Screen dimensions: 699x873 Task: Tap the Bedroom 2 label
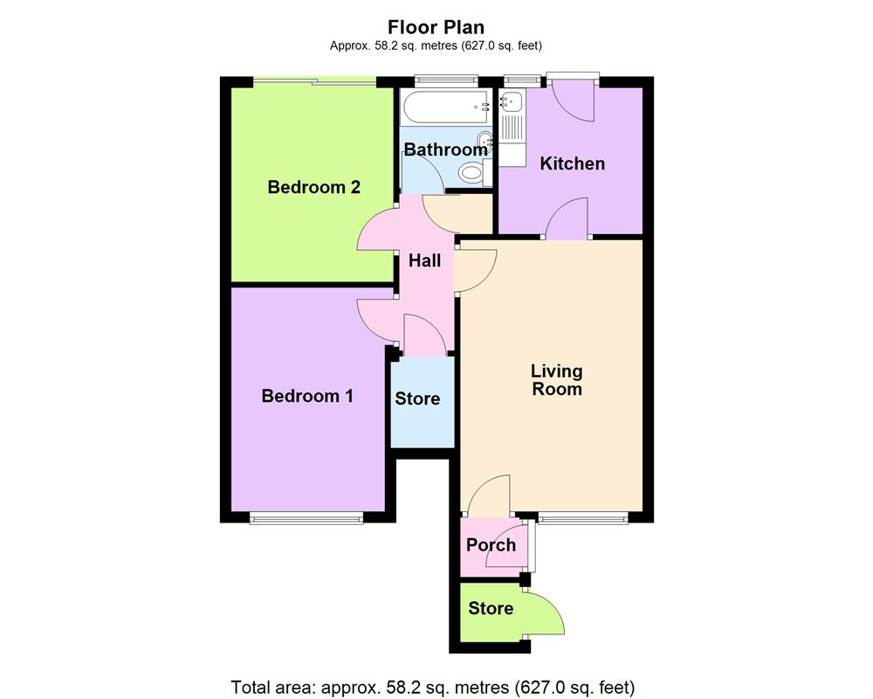click(x=313, y=187)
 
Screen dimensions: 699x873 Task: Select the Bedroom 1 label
click(x=307, y=396)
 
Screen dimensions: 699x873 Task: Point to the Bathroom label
click(x=445, y=150)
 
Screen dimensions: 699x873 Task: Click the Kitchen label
click(x=572, y=163)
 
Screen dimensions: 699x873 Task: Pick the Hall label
click(x=424, y=260)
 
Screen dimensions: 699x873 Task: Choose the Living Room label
click(x=557, y=381)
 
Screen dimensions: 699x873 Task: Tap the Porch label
click(x=491, y=545)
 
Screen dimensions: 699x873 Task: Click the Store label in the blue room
click(x=417, y=399)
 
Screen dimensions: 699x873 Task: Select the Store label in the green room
click(x=491, y=608)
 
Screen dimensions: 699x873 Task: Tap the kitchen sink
click(x=510, y=103)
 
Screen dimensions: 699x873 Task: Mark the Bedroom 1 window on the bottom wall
click(x=306, y=519)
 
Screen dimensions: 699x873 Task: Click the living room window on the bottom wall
click(x=582, y=519)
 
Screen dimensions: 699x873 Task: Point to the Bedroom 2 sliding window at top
click(x=315, y=81)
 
